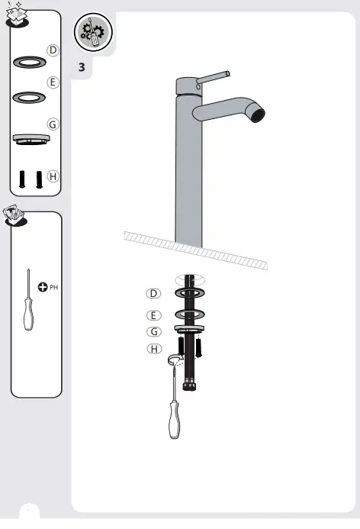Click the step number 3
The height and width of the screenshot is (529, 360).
click(x=82, y=68)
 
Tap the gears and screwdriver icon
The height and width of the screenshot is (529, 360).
click(x=93, y=34)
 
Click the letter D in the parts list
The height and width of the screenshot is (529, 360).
click(x=52, y=50)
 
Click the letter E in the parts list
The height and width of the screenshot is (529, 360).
click(x=52, y=82)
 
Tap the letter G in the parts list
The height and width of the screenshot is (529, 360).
click(x=52, y=124)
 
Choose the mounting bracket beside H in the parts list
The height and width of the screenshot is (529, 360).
click(x=31, y=138)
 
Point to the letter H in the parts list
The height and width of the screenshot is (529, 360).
click(x=52, y=176)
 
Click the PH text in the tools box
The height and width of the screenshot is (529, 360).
click(x=54, y=289)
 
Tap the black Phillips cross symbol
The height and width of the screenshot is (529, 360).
click(x=43, y=289)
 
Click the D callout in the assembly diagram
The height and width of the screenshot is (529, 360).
click(x=154, y=294)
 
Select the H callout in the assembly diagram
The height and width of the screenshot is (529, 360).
click(x=154, y=349)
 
